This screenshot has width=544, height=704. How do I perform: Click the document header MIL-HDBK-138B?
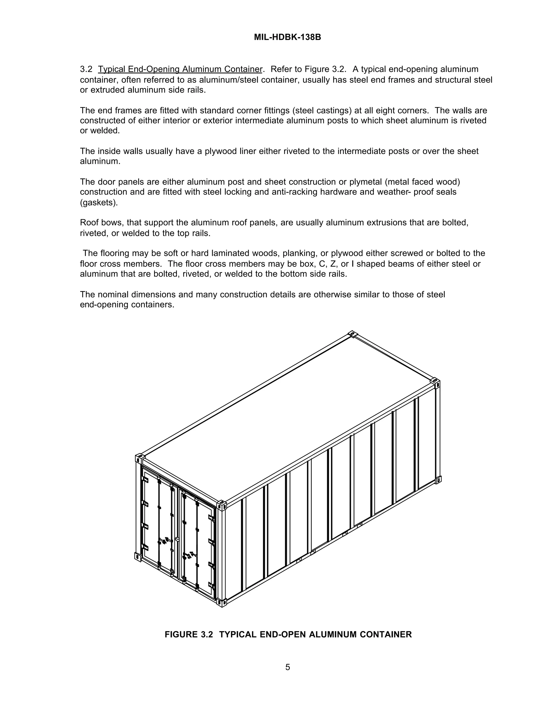tap(287, 37)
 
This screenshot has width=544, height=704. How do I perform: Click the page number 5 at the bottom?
tap(287, 667)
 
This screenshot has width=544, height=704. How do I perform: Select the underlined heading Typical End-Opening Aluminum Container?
tap(180, 69)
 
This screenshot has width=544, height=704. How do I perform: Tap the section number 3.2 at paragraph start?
tap(86, 69)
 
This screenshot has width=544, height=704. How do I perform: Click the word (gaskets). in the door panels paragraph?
tap(99, 203)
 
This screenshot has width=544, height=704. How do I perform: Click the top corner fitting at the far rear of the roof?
tap(352, 334)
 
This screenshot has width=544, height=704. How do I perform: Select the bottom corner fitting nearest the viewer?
tap(222, 602)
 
